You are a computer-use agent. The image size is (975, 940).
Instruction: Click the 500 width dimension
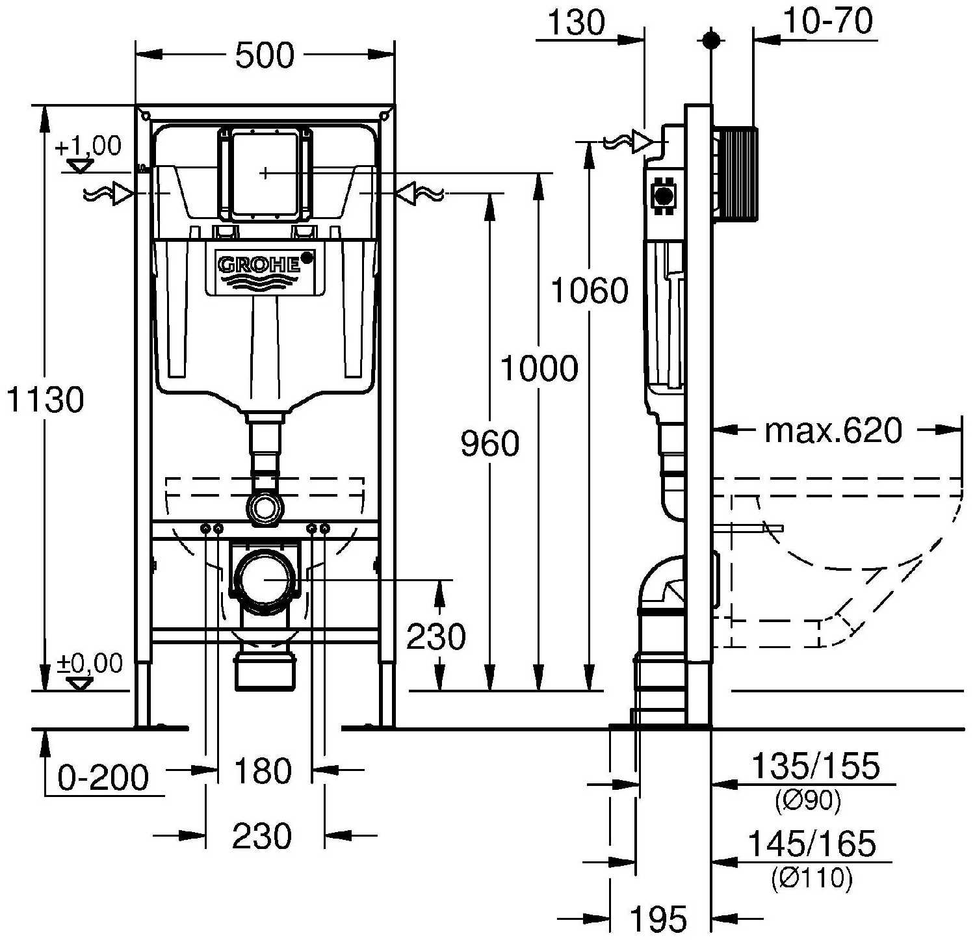click(265, 55)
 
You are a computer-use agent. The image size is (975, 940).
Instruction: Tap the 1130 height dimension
click(45, 399)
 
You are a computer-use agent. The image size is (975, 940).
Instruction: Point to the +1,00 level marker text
click(88, 146)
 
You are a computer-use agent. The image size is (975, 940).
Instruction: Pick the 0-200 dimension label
click(103, 777)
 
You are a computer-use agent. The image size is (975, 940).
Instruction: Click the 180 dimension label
click(263, 772)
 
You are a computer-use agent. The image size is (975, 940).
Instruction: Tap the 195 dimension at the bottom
click(658, 919)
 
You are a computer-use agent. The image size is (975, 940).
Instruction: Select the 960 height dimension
click(490, 444)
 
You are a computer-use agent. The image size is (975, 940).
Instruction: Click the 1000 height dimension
click(539, 369)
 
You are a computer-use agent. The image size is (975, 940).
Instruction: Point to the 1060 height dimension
click(590, 291)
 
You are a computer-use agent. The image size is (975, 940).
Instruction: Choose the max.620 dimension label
click(833, 430)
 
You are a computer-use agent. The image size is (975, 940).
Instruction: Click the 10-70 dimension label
click(827, 21)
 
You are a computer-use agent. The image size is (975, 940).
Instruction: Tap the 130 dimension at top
click(577, 23)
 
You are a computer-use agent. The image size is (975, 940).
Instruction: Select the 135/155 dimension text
click(815, 766)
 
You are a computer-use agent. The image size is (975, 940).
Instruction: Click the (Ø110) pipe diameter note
click(812, 879)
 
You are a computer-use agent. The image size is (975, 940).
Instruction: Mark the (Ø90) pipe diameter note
click(808, 801)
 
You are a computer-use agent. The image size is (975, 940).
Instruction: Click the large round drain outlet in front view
click(265, 578)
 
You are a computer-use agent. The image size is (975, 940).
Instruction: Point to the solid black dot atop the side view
click(712, 40)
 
